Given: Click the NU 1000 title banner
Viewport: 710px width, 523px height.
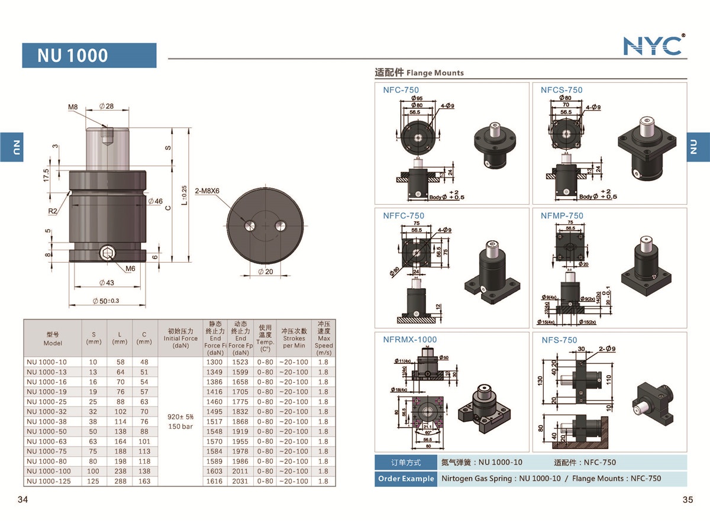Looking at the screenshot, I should (x=89, y=56).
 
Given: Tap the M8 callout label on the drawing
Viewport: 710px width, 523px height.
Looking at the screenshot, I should (x=73, y=107).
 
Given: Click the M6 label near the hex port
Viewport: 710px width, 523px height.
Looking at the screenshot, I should (x=131, y=268).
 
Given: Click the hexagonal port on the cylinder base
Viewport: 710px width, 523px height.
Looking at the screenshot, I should (x=106, y=255).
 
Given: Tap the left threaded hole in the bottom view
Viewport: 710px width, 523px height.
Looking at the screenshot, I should (x=250, y=225).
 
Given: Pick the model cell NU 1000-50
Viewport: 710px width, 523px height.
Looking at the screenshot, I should (x=47, y=431).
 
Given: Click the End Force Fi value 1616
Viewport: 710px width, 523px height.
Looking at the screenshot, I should (x=215, y=481).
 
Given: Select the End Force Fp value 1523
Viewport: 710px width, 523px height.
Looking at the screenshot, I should (x=240, y=361).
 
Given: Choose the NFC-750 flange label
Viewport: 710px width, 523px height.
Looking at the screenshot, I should (x=401, y=90).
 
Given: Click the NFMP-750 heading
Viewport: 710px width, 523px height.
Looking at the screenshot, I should (x=561, y=216).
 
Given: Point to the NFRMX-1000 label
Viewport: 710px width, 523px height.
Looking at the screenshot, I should (x=409, y=340).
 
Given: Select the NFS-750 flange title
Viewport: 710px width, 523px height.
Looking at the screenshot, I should (x=559, y=340).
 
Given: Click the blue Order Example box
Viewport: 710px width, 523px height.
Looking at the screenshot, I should (x=405, y=479).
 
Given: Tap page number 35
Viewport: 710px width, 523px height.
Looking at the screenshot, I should (x=687, y=499).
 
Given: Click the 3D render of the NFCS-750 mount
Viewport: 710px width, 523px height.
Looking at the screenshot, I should (x=646, y=148).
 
